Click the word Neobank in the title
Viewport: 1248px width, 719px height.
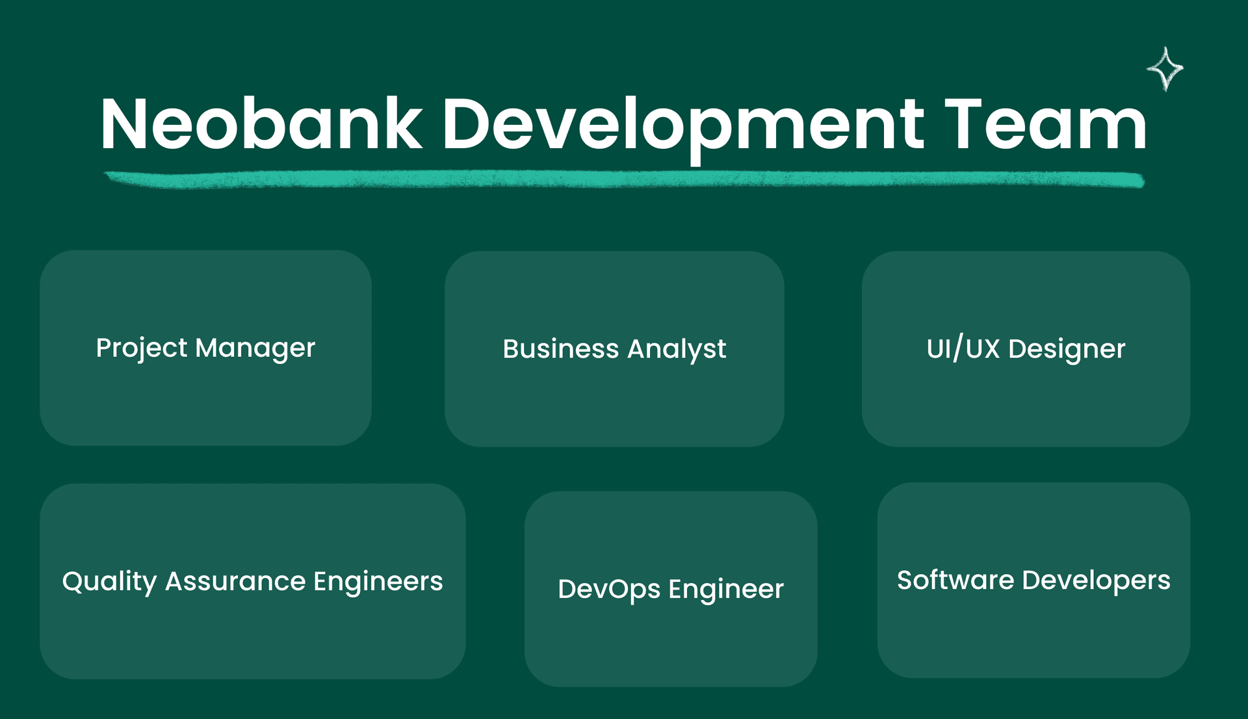point(261,124)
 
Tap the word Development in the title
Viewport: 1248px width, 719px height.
point(682,127)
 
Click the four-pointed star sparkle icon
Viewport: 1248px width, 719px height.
point(1165,69)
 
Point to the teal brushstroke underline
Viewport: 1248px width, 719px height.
point(624,179)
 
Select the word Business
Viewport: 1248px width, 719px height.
point(561,349)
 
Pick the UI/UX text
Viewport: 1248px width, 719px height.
point(963,349)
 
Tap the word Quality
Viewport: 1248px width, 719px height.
point(109,582)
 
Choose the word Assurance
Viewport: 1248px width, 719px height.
point(235,581)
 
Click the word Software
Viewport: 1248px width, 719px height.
point(955,580)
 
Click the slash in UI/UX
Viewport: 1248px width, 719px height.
point(957,349)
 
